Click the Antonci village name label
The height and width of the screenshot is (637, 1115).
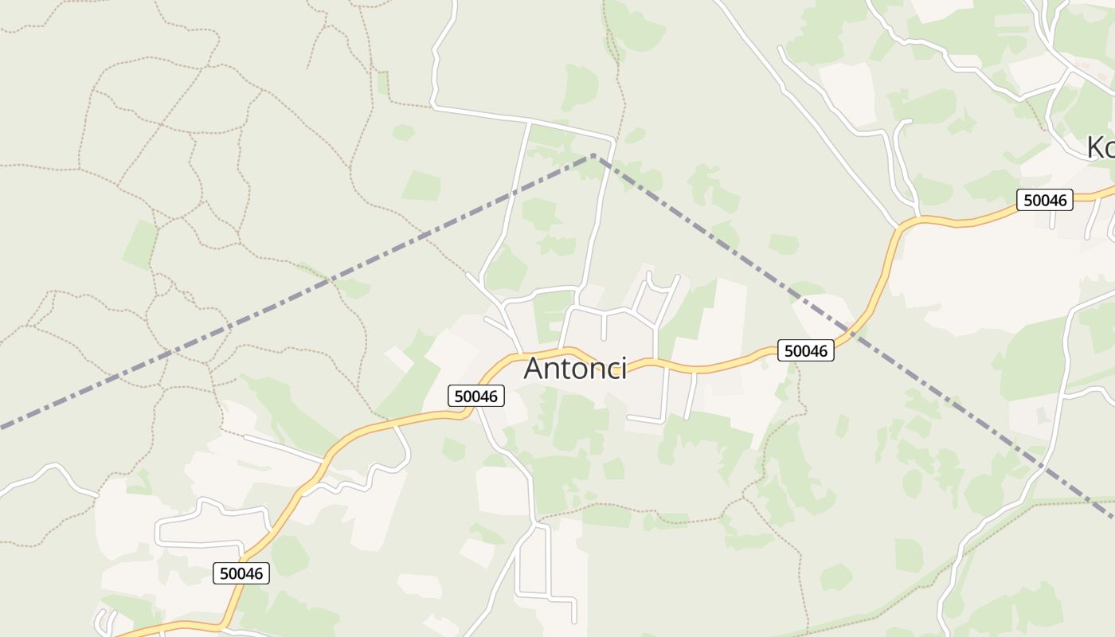(x=575, y=369)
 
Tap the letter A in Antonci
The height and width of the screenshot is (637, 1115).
(x=535, y=369)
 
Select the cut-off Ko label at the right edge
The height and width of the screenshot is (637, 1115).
(x=1101, y=147)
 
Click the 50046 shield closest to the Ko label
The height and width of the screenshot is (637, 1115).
(x=1045, y=200)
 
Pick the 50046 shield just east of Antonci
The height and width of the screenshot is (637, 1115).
(x=806, y=350)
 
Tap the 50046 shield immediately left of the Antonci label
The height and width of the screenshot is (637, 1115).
(x=476, y=396)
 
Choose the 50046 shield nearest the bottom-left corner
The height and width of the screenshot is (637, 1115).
(x=241, y=573)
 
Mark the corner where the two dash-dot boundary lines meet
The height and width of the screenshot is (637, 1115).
(x=594, y=155)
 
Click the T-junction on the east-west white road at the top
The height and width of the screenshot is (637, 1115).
(x=529, y=122)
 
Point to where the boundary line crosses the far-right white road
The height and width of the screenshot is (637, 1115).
(x=1045, y=466)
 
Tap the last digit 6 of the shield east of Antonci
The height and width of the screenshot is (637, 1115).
(x=826, y=350)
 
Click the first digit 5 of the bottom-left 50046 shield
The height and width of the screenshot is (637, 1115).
(x=222, y=573)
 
